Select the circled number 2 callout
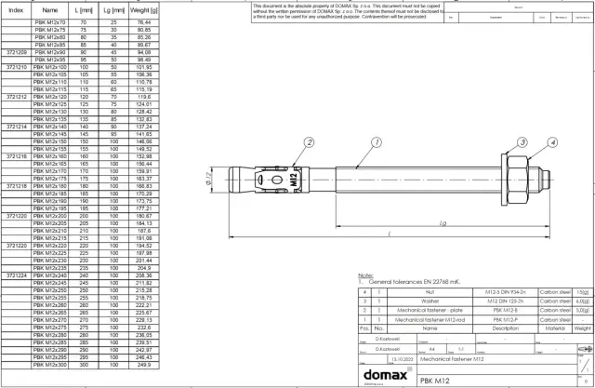tap(309, 142)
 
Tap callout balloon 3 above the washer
tap(522, 142)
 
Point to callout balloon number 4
tap(552, 142)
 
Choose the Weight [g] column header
tap(142, 8)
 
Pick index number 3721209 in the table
tap(16, 53)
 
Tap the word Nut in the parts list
tap(430, 292)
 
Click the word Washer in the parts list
tap(430, 301)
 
